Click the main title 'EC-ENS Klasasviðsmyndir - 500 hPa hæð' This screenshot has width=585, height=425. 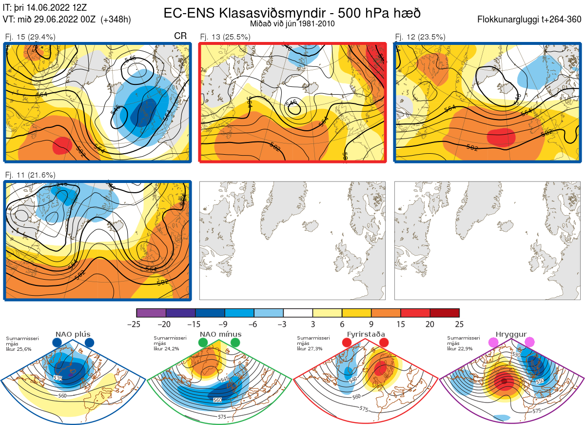coord(292,13)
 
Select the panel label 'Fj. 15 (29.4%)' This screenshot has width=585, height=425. coord(30,37)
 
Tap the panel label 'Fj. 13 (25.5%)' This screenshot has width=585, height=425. coord(225,37)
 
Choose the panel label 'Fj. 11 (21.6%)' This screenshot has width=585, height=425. coord(30,175)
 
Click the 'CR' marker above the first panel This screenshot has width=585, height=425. coord(180,37)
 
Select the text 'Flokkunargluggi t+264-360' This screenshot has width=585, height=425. coord(530,20)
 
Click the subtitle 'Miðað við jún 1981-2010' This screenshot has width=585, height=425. coord(292,23)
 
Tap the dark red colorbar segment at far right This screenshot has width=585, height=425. coord(445,313)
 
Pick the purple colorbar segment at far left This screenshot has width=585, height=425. coord(151,313)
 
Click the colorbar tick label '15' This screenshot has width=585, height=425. coord(400,324)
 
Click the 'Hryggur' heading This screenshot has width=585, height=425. coord(512,334)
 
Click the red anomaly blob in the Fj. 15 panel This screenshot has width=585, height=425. coord(62,145)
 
